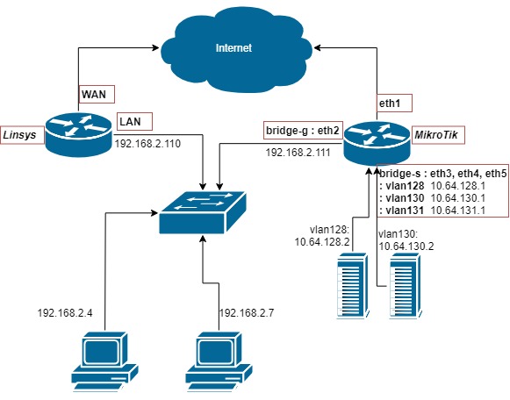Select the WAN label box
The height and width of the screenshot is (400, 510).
point(97,95)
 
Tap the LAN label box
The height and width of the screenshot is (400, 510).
point(134,121)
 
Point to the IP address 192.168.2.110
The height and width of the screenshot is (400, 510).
point(147,144)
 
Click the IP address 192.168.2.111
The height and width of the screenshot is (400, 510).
point(298,153)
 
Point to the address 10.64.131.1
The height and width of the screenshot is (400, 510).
point(457,211)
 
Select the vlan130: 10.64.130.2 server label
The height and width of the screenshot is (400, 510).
point(405,241)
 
